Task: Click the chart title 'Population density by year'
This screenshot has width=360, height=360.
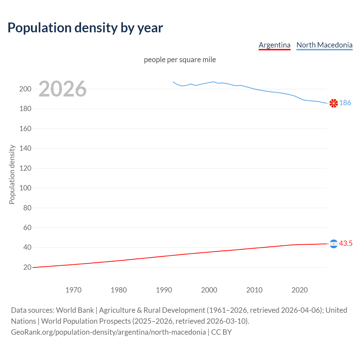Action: coord(85,28)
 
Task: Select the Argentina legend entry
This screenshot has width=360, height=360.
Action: coord(274,45)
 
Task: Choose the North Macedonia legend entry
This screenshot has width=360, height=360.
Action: coord(324,45)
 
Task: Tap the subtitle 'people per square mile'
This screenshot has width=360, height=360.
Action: coord(180,60)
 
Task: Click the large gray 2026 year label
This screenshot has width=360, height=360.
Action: coord(62,89)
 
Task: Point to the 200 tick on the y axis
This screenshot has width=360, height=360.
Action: coord(25,89)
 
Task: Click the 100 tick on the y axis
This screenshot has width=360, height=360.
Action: coord(25,188)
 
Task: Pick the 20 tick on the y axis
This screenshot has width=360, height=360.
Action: coord(27,267)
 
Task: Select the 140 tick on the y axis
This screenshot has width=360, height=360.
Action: coord(25,148)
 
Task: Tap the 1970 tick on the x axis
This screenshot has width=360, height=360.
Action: coord(73,290)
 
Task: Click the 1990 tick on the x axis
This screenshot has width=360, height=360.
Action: coord(164,290)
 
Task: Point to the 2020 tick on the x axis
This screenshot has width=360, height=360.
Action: coord(300,290)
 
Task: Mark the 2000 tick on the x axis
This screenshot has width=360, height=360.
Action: coord(209,290)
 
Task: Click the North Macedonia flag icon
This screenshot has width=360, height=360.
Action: coord(334,103)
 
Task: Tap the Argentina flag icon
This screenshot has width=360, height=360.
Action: coord(334,244)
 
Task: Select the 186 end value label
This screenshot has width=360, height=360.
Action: coord(345,103)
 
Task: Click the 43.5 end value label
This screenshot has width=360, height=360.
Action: coord(346,244)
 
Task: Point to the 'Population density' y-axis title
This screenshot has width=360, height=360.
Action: coord(12,174)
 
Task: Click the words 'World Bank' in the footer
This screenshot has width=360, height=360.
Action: coord(75,310)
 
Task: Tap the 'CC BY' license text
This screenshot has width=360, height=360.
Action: coord(221,332)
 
